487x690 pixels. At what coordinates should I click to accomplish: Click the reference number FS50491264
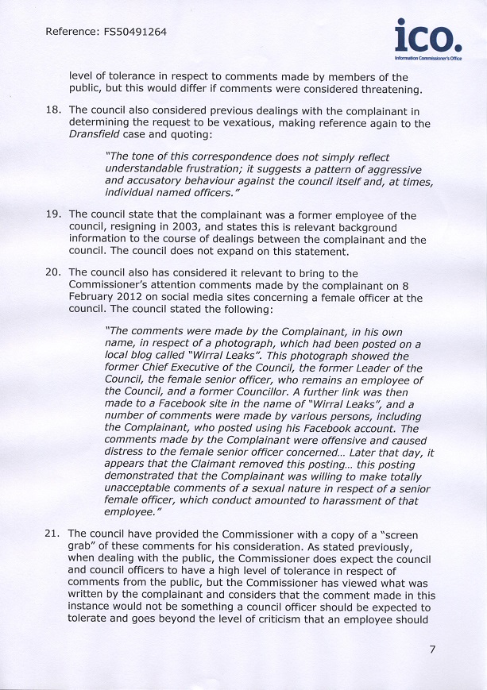click(x=135, y=33)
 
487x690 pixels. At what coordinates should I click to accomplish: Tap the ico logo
click(x=427, y=37)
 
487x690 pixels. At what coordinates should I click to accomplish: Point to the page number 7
click(x=432, y=649)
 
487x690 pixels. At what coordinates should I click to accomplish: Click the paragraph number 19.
click(x=53, y=215)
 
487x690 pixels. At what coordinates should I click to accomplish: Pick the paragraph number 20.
click(x=53, y=274)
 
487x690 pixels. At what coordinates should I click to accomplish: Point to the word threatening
click(x=373, y=89)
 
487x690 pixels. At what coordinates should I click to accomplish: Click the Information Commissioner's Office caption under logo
click(x=428, y=59)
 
